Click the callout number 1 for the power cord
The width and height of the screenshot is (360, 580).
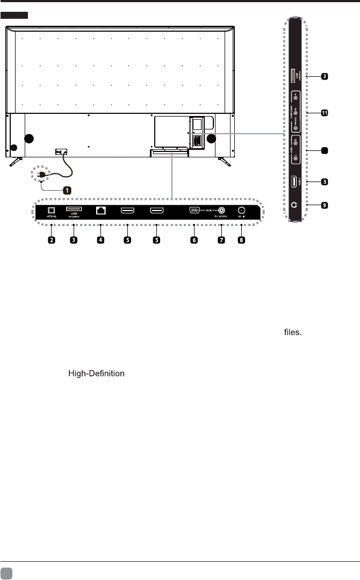[x=67, y=190]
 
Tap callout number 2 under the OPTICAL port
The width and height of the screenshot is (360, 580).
[x=51, y=240]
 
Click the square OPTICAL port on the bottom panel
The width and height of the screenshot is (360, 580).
[x=51, y=210]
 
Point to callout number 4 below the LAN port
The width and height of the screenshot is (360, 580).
[x=100, y=240]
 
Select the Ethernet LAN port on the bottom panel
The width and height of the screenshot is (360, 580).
[x=100, y=211]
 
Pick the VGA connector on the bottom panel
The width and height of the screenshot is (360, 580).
[x=195, y=211]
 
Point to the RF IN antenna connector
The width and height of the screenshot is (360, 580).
[x=241, y=211]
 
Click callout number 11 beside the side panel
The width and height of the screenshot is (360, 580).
[x=325, y=113]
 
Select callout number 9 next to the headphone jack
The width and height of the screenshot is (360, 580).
[x=325, y=205]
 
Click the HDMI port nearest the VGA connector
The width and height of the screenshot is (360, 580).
[x=157, y=211]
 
